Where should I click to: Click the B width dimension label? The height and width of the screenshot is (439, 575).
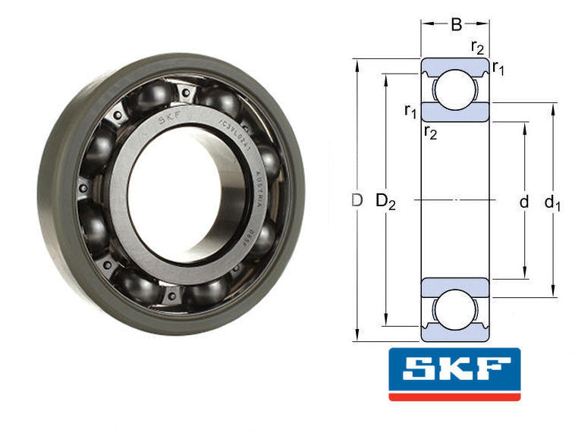[456, 25]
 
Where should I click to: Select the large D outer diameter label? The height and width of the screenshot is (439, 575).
[357, 201]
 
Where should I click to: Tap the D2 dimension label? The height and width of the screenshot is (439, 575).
[386, 202]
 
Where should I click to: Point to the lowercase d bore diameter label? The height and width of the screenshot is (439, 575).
[523, 202]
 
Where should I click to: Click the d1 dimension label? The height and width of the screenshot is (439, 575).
[553, 202]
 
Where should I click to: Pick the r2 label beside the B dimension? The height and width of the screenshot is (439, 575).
[478, 47]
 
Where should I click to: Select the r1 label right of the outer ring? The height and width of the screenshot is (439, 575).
[499, 69]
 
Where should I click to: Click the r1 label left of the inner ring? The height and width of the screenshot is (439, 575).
[410, 112]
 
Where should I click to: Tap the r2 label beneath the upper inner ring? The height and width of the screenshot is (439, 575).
[430, 133]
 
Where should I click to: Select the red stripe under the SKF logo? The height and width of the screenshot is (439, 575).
[454, 396]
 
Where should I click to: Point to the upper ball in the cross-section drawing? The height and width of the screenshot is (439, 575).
[455, 86]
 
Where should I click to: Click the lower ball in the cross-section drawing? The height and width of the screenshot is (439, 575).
[455, 312]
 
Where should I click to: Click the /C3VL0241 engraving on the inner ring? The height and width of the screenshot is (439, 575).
[231, 128]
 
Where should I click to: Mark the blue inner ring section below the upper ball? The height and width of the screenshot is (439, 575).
[455, 111]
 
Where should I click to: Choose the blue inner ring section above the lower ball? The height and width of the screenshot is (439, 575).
[455, 287]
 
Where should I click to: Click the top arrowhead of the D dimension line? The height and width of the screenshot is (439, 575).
[357, 62]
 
